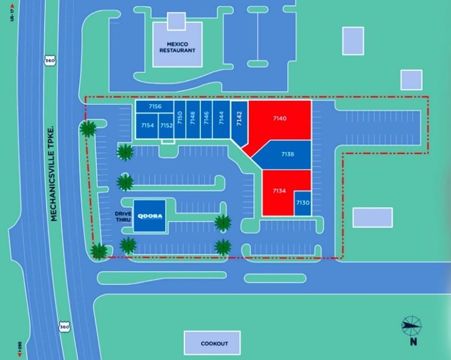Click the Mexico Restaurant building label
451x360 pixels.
coord(177,47)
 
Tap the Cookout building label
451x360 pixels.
coord(212,343)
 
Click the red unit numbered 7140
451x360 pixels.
coord(280,119)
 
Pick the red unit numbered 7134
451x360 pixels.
coord(279,191)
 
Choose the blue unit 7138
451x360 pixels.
coord(287,154)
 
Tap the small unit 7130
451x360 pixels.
coord(302,203)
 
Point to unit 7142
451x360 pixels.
coord(239,119)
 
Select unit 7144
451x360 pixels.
coord(221,118)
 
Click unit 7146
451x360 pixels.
coord(206,118)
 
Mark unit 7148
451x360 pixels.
coord(192,118)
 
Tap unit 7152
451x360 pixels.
coord(166,126)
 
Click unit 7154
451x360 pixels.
coord(147,126)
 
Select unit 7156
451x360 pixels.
coord(155,106)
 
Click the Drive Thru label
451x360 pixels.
coord(123,216)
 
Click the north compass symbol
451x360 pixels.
coord(411,325)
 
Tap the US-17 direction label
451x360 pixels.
coord(11,13)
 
